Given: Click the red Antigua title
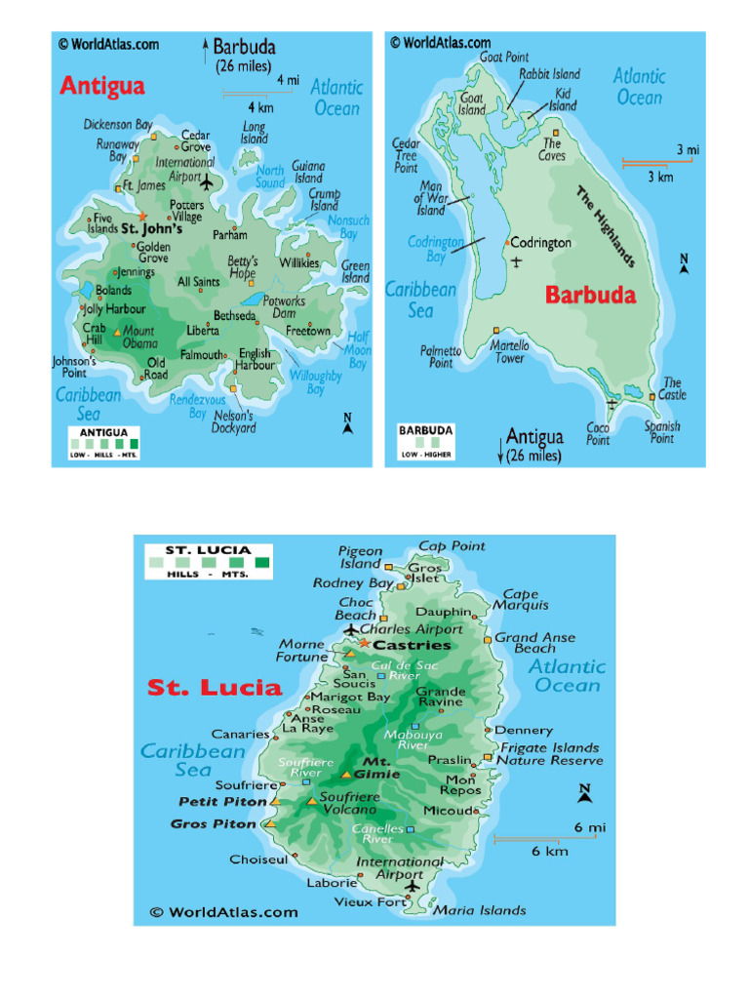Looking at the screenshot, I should click(102, 86).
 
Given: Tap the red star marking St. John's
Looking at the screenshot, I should click(142, 217).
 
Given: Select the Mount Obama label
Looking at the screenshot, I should click(138, 338).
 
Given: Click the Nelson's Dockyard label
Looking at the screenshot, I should click(234, 420).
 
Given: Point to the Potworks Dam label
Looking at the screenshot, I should click(284, 307).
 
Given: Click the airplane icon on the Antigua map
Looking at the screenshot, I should click(207, 180).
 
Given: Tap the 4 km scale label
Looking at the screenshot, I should click(259, 107).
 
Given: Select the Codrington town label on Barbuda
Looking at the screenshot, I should click(541, 243).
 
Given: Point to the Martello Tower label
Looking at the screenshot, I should click(509, 351).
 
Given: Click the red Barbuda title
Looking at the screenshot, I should click(590, 295).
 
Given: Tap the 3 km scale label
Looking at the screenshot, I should click(660, 177).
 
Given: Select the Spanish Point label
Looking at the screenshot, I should click(662, 432).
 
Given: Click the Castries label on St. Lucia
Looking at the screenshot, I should click(413, 645).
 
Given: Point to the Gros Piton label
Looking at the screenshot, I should click(214, 823).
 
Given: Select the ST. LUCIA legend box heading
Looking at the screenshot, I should click(208, 550).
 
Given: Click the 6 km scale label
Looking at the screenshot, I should click(549, 851).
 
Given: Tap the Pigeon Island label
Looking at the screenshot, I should click(360, 557).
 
